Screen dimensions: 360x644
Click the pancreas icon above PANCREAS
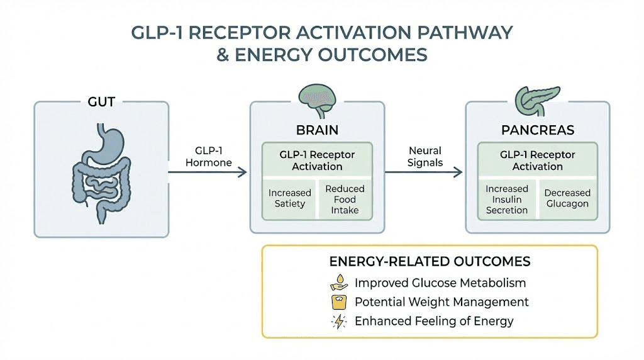click(x=537, y=96)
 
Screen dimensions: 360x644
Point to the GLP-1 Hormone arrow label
click(x=210, y=157)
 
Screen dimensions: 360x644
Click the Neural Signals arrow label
click(x=425, y=157)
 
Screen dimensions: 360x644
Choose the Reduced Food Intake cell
click(x=345, y=198)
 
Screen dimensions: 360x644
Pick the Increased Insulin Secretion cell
click(x=507, y=199)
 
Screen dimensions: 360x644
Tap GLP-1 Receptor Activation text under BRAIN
click(x=317, y=160)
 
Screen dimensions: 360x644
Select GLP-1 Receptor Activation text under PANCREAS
click(x=537, y=160)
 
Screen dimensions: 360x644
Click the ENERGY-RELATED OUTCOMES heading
click(x=430, y=261)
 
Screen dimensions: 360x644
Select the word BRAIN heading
click(x=318, y=130)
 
